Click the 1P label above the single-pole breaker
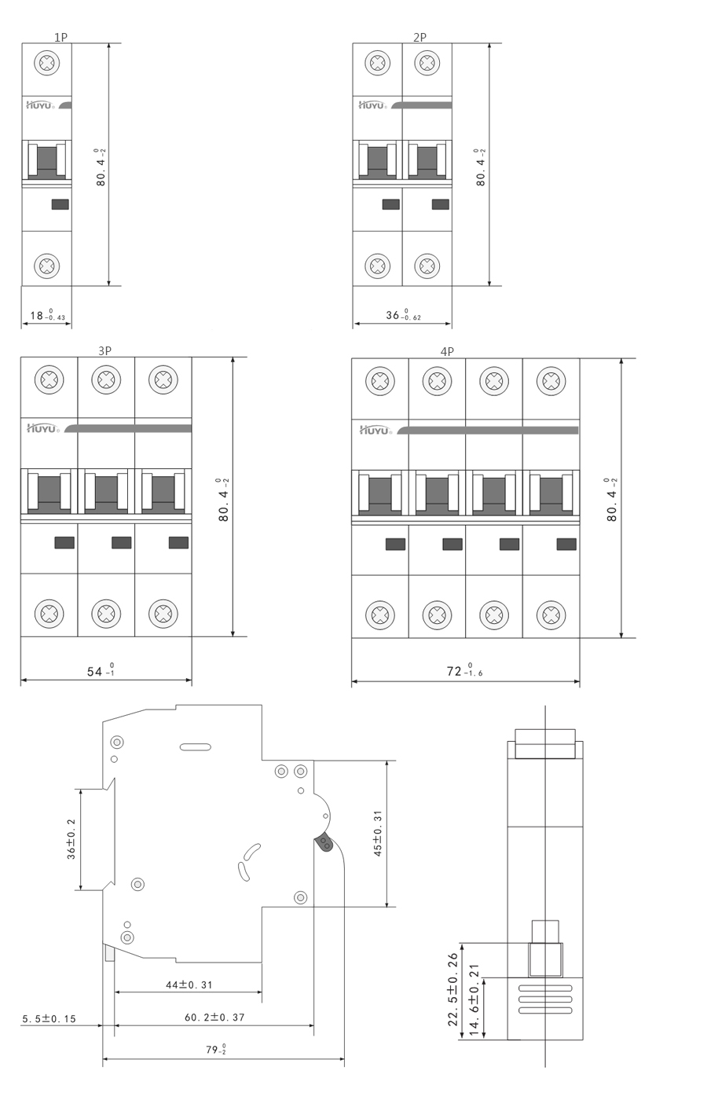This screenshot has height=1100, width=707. [x=61, y=38]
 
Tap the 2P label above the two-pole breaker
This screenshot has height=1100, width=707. [x=419, y=38]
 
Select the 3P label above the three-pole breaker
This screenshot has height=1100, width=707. [x=104, y=350]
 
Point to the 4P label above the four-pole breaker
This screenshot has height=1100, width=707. [x=447, y=352]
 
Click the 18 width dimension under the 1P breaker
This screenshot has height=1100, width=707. [x=47, y=315]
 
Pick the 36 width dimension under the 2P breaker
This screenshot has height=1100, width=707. [x=403, y=315]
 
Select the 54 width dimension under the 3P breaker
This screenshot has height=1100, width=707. [x=101, y=670]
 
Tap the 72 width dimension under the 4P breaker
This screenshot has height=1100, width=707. [x=464, y=670]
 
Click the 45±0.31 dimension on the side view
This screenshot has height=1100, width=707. [x=378, y=834]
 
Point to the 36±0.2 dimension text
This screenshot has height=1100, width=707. [x=71, y=839]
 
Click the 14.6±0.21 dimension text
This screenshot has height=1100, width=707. [x=474, y=999]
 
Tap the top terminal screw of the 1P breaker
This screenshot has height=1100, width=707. [x=47, y=63]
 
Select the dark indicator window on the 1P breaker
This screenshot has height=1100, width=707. [x=60, y=204]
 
